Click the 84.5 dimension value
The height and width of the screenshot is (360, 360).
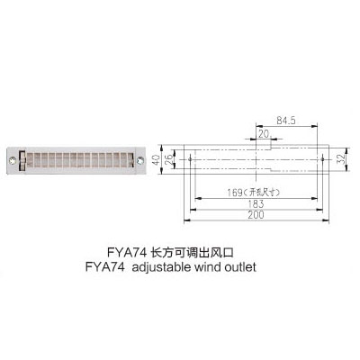(286, 121)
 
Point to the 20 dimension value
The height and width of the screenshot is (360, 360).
(264, 134)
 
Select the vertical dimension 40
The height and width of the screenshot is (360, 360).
(156, 159)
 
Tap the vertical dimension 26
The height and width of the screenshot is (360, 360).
(169, 159)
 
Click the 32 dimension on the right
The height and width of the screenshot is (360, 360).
(341, 159)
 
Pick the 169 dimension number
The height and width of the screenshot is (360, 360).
(235, 193)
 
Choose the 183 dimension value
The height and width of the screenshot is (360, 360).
(256, 204)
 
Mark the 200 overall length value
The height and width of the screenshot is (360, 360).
(256, 215)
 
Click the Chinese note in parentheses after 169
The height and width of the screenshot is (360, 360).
(261, 193)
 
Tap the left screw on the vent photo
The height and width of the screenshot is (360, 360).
(12, 160)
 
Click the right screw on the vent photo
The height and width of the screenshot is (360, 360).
(139, 160)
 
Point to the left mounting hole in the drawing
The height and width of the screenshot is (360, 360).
(190, 159)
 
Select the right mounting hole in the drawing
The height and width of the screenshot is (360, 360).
(322, 159)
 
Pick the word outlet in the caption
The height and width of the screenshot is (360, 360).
(240, 267)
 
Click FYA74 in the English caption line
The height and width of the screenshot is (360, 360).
(104, 267)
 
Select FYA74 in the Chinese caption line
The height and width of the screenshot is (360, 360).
(127, 252)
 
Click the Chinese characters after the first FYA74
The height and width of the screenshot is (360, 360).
(192, 252)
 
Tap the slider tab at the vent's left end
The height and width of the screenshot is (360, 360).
(22, 160)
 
